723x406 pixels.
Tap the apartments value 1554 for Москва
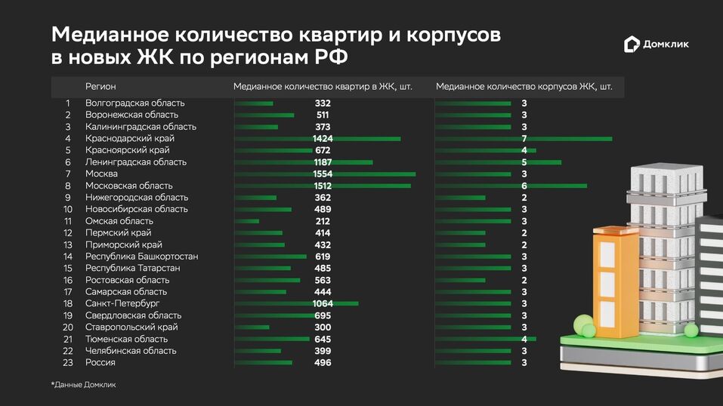click(323, 174)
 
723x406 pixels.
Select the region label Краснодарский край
click(130, 138)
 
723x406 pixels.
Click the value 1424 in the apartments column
click(323, 138)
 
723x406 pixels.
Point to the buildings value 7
click(524, 138)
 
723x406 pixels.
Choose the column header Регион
click(100, 87)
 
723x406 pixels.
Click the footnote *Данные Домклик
click(83, 385)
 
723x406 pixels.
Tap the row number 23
click(68, 362)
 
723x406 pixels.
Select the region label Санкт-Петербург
click(122, 303)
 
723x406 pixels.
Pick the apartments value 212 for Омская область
click(323, 221)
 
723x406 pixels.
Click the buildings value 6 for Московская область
click(524, 186)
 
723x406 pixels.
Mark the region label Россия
click(100, 362)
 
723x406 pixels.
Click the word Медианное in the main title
click(110, 35)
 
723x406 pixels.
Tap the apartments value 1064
click(323, 303)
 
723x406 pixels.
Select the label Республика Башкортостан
click(142, 257)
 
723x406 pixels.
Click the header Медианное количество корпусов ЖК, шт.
click(524, 87)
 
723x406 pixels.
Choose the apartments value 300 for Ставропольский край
click(323, 327)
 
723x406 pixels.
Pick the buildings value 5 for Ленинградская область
click(524, 161)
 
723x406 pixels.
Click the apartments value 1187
click(323, 161)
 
